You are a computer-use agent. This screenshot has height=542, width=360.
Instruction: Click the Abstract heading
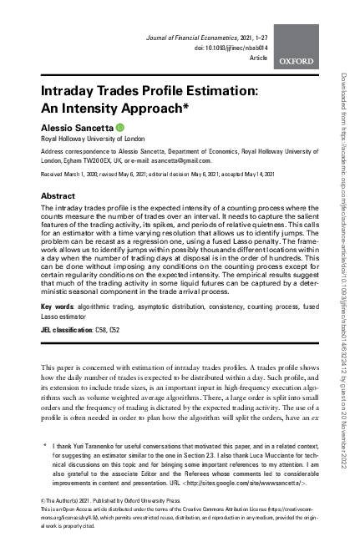click(59, 195)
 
